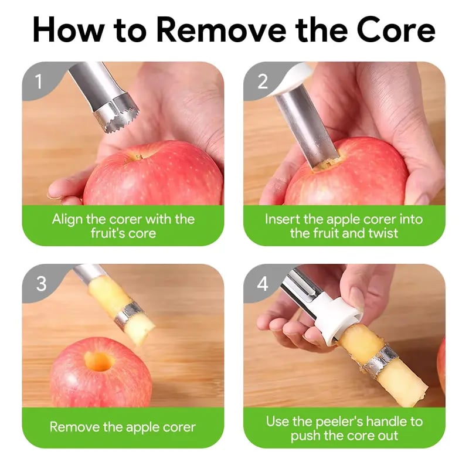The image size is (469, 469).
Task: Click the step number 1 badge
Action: (x=39, y=81)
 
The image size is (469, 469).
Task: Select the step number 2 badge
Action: (x=262, y=81)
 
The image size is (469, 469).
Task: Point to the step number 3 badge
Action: (x=40, y=284)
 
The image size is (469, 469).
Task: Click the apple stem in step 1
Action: (x=138, y=157)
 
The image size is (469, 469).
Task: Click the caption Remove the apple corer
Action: (x=123, y=427)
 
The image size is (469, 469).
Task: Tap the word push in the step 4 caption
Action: (x=307, y=436)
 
